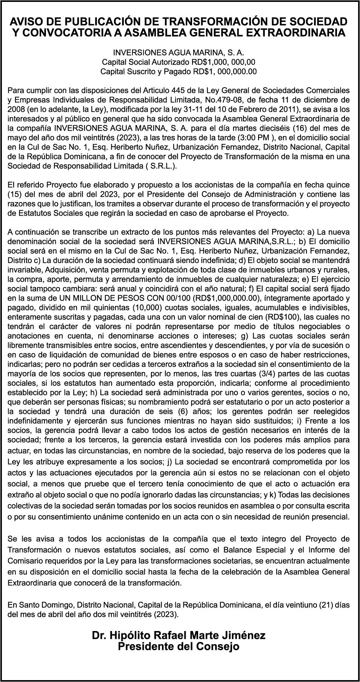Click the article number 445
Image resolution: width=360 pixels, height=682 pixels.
(x=178, y=91)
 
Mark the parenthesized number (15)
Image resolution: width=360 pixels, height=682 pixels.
(x=16, y=194)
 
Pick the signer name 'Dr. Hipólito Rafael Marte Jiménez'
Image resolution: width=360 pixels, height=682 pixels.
(x=178, y=636)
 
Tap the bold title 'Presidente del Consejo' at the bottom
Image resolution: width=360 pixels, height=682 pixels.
(x=178, y=647)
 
